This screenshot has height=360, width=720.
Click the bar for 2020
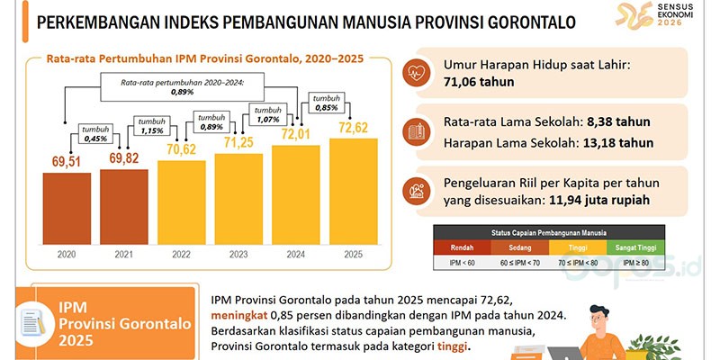[68, 203]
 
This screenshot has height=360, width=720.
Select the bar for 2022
[183, 198]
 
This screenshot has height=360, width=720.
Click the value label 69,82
[125, 158]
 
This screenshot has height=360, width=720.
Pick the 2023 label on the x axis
[239, 255]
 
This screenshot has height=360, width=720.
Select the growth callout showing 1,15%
[155, 125]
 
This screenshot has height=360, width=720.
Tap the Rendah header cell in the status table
[463, 246]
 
